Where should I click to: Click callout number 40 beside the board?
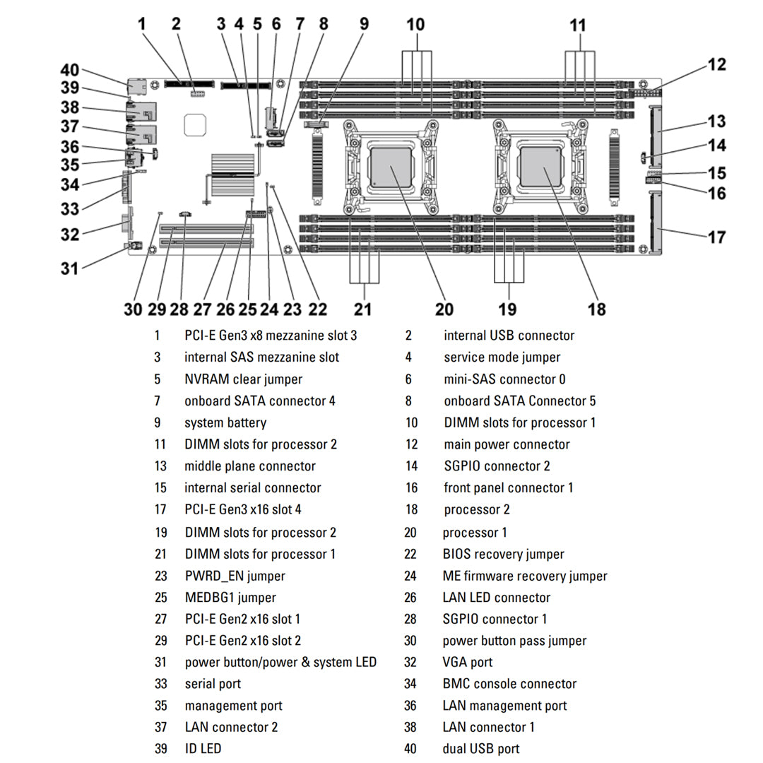tap(69, 71)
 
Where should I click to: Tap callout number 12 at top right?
tap(716, 65)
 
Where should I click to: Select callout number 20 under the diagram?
tap(444, 309)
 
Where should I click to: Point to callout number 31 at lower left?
tap(69, 268)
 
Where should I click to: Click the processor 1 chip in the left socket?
tap(391, 167)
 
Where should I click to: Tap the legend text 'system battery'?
tap(225, 423)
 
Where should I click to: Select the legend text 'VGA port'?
tap(468, 663)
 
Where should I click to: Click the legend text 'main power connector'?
tap(507, 445)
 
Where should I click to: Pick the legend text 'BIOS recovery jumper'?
tap(503, 555)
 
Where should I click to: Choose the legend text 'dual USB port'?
tap(481, 749)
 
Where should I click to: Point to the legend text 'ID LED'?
tap(203, 749)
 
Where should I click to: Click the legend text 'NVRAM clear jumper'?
tap(243, 379)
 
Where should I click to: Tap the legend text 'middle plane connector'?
tap(250, 466)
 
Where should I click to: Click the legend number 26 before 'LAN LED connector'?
tap(410, 598)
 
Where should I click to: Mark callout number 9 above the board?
tap(364, 23)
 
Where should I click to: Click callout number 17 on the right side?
tap(716, 237)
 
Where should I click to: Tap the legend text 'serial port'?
tap(213, 684)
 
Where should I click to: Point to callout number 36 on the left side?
tap(69, 146)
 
